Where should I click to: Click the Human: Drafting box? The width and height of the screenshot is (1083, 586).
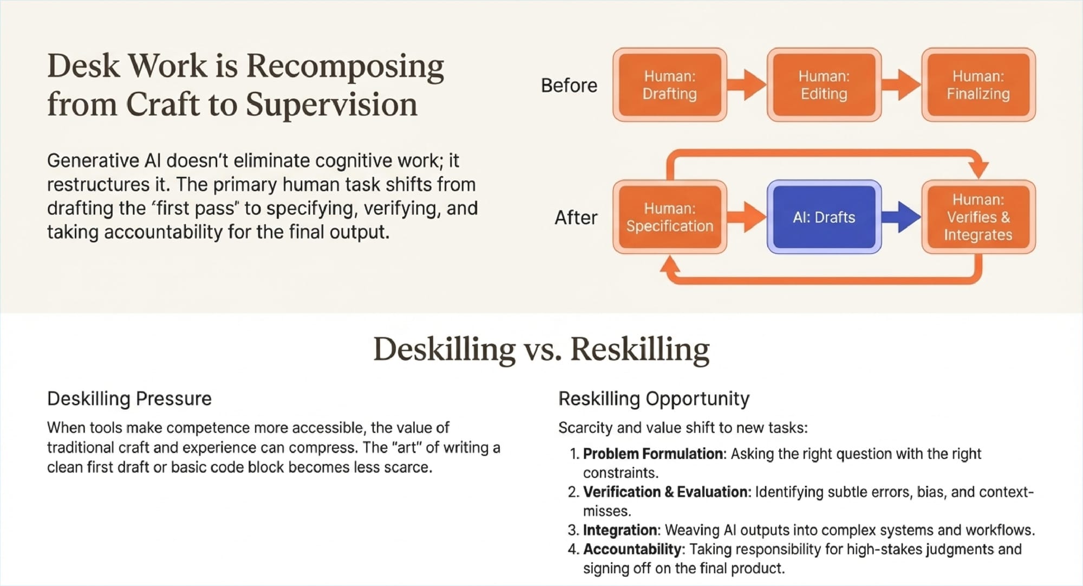click(x=670, y=85)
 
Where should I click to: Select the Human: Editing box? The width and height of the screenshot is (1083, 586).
click(x=824, y=85)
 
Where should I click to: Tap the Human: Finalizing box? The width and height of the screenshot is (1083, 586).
click(x=978, y=85)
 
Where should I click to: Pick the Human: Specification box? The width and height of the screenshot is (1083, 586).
click(x=670, y=217)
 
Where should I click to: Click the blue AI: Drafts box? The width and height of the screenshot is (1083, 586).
click(x=824, y=217)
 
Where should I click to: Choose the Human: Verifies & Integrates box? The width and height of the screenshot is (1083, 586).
click(x=978, y=217)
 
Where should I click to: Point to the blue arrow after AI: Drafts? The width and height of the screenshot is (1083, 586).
click(x=901, y=217)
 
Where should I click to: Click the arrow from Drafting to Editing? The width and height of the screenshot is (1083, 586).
click(x=746, y=85)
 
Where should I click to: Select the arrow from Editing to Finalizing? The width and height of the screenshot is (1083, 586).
click(x=901, y=85)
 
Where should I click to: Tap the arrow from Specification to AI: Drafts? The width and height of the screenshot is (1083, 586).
click(x=746, y=217)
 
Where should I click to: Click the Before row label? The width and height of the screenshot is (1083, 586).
click(x=569, y=86)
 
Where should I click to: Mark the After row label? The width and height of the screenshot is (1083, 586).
click(x=576, y=218)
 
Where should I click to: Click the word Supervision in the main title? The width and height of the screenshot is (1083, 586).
click(x=331, y=104)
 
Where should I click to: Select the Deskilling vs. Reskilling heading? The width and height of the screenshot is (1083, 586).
click(x=541, y=349)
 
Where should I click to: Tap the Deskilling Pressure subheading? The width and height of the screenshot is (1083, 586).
click(x=129, y=398)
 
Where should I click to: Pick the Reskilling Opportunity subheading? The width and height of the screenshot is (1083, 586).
click(x=654, y=398)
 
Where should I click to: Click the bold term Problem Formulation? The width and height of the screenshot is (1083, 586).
click(x=653, y=454)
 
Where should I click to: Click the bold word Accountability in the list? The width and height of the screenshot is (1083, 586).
click(x=632, y=549)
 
